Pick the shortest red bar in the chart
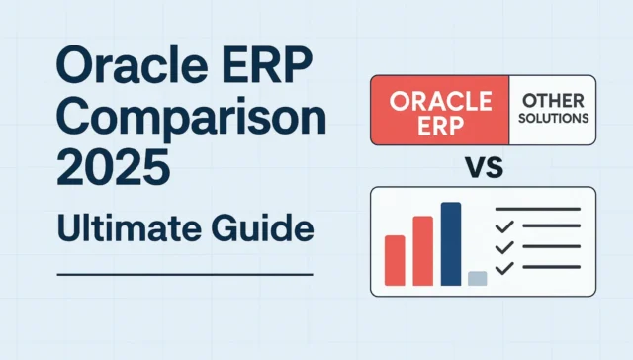[395, 260]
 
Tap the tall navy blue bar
[451, 243]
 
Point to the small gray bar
[477, 278]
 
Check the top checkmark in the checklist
[505, 215]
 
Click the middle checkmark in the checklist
[505, 241]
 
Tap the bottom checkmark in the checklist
[505, 268]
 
